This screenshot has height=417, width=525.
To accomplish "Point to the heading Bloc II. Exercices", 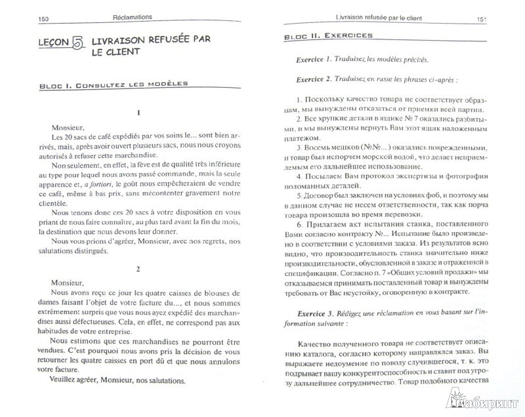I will (329, 35).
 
